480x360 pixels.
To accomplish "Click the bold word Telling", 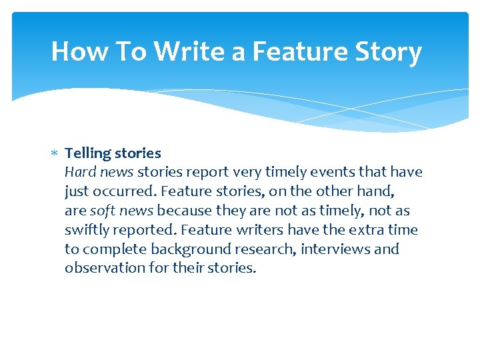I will [87, 153].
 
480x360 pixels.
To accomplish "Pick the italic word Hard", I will [79, 172].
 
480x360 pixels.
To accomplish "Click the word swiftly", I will [87, 230].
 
